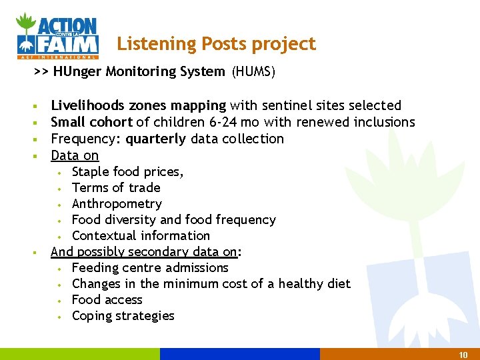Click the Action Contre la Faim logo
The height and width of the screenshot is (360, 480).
tap(58, 35)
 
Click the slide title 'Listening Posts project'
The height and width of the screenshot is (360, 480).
tap(216, 44)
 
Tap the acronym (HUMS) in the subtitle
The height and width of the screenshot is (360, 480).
tap(253, 71)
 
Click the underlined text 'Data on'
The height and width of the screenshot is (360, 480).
tap(75, 155)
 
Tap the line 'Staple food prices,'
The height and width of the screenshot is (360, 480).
tap(127, 171)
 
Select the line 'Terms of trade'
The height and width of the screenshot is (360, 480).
tap(116, 187)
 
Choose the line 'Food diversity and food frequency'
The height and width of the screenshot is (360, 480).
tap(173, 219)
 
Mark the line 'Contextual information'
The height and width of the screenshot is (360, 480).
tap(141, 235)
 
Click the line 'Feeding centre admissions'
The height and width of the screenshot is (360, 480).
tap(150, 267)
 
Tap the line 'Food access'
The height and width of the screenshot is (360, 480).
tap(107, 299)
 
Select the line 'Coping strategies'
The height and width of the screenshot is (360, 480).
tap(123, 315)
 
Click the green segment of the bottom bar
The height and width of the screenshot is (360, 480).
tap(80, 354)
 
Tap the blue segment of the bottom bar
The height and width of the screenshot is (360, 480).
tap(240, 354)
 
